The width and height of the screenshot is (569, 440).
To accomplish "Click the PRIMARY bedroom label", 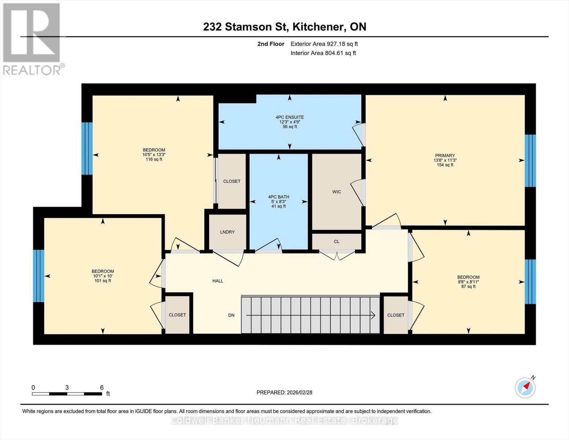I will [x=445, y=155].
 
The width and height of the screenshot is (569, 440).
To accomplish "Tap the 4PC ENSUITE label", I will [x=289, y=117].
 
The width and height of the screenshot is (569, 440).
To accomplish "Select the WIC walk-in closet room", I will [x=336, y=192].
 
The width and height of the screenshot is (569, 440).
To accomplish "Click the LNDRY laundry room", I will [x=227, y=232].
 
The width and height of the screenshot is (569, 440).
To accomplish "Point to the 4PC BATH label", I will [x=278, y=197].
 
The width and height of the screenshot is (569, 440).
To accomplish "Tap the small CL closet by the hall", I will [x=336, y=242].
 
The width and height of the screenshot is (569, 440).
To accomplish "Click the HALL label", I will [x=218, y=281].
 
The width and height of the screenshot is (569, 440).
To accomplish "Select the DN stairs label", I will [x=231, y=315].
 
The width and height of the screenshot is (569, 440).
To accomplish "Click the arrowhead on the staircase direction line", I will [x=373, y=315].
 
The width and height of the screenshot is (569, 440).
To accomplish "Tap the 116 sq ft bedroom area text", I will [x=154, y=159].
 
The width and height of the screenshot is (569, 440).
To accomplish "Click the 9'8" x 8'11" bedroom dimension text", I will [x=468, y=282].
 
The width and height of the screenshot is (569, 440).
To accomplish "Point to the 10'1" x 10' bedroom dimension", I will [x=103, y=276].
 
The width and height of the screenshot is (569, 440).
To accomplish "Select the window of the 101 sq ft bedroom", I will [x=38, y=276].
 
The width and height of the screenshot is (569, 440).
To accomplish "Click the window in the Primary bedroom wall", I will [x=530, y=161].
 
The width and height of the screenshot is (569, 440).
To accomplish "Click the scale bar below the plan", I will [x=67, y=394].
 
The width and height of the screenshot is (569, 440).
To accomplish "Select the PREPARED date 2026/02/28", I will [x=284, y=392].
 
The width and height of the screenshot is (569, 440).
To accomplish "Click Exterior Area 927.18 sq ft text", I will [x=324, y=44].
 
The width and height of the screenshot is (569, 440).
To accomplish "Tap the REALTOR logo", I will [x=32, y=38].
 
